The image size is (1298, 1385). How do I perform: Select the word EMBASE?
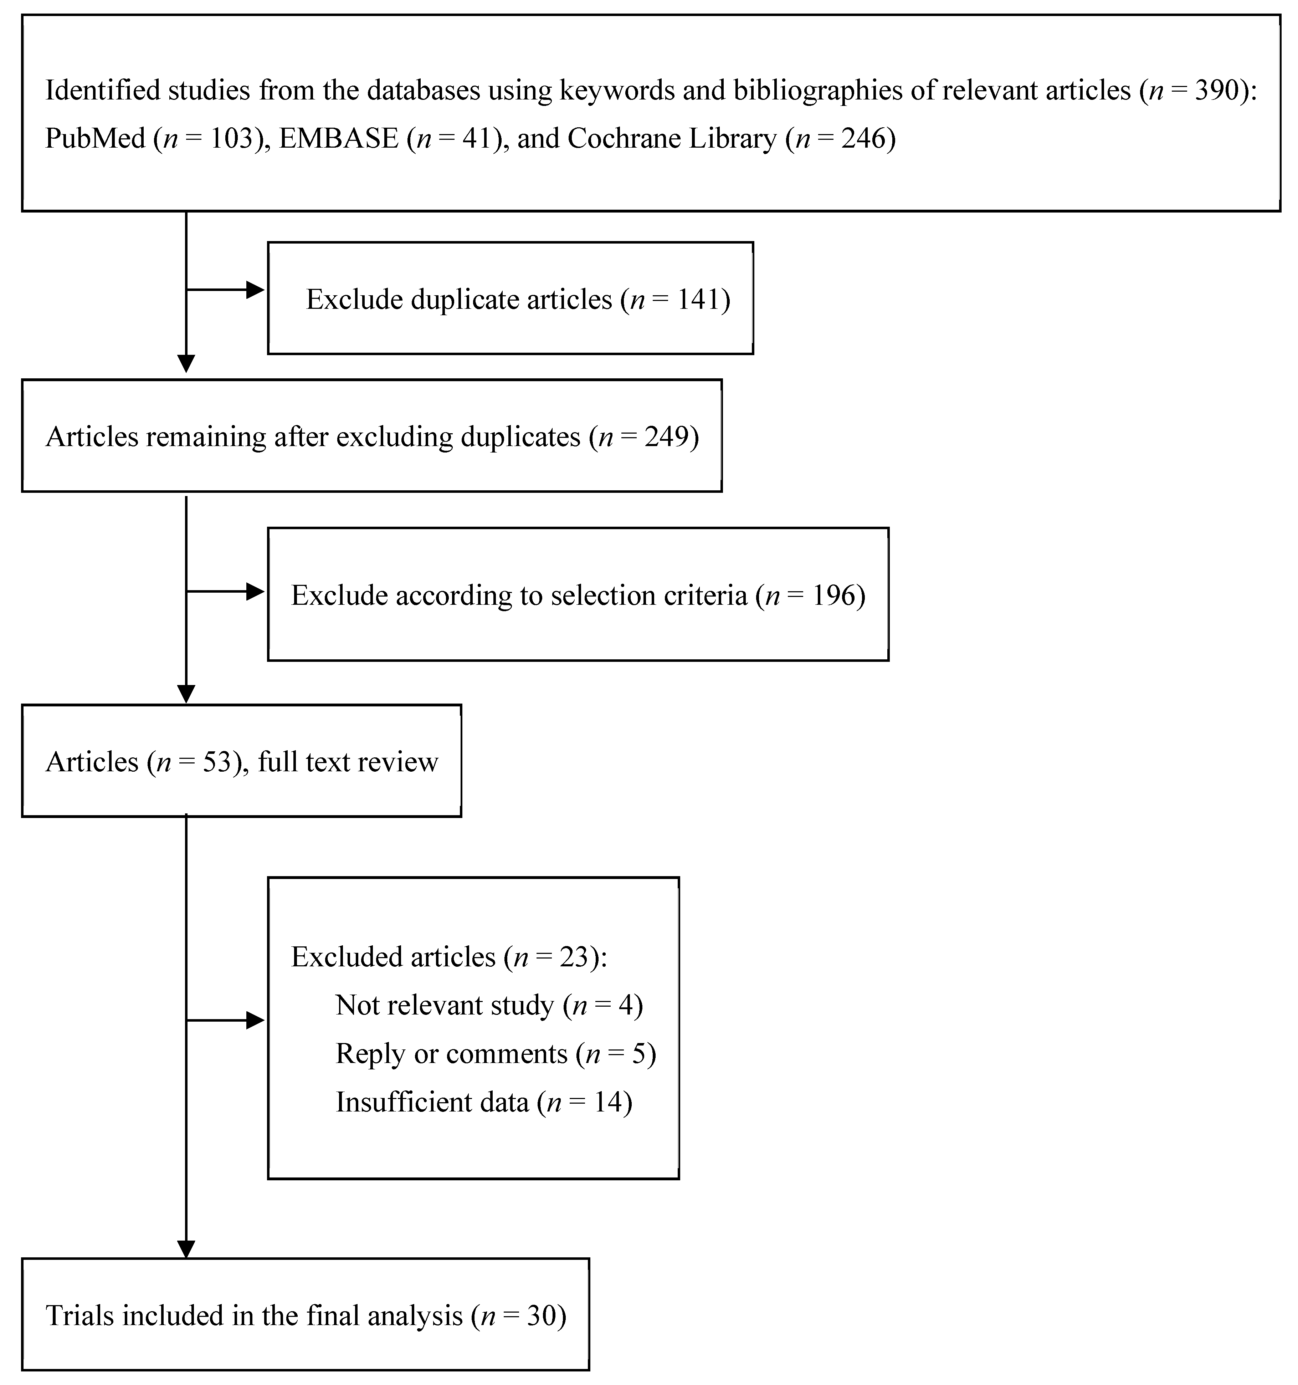click(338, 139)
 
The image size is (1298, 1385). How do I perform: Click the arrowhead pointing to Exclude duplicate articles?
click(256, 290)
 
